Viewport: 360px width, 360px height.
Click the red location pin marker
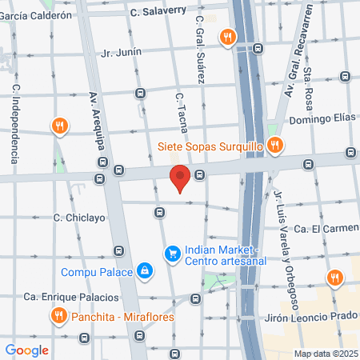click(x=180, y=178)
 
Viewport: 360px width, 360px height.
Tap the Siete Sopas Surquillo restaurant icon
click(x=274, y=145)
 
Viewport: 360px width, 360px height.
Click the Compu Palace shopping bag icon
click(x=144, y=272)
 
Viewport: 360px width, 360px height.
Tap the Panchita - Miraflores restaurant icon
click(x=58, y=317)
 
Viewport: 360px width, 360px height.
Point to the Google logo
click(x=27, y=350)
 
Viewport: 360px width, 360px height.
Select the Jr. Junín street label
click(x=122, y=52)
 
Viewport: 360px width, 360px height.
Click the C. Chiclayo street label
click(x=79, y=217)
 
